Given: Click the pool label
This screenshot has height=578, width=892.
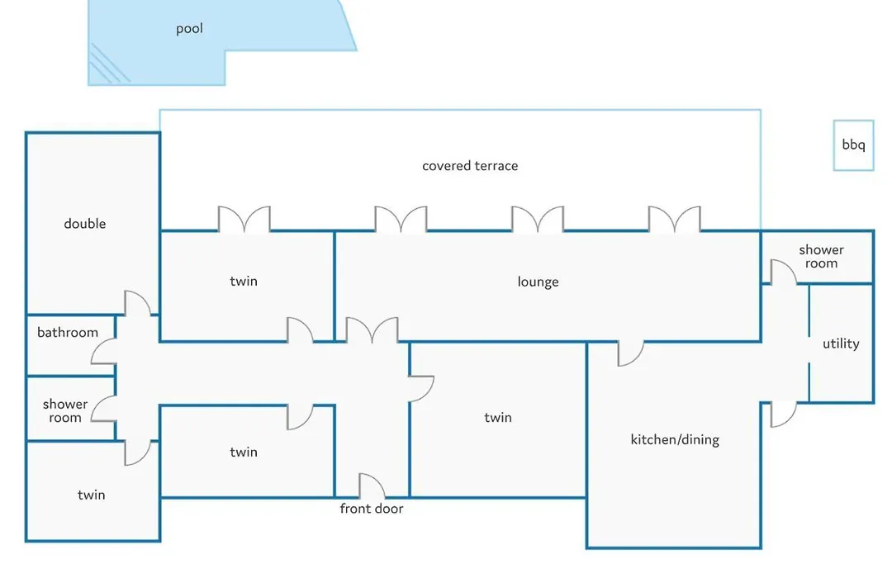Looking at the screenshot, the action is click(x=189, y=28).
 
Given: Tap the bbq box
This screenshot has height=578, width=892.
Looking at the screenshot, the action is click(x=853, y=145).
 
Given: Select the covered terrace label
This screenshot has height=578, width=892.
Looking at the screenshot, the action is click(x=470, y=166).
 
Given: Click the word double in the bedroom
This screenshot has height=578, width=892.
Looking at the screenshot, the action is click(x=85, y=224).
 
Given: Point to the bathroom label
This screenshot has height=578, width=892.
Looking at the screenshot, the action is click(x=68, y=332).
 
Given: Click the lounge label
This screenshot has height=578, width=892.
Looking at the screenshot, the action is click(x=539, y=282).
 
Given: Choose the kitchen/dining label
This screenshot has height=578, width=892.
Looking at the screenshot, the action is click(x=675, y=440).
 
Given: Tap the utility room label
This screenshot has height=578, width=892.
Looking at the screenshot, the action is click(x=841, y=343).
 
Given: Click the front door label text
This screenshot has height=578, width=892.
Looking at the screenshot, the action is click(x=372, y=509).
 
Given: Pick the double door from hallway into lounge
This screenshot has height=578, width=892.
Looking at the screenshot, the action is click(x=372, y=330).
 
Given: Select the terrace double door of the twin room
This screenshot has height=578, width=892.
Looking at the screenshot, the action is click(x=244, y=219).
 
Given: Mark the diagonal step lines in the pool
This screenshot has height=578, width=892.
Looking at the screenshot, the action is click(x=110, y=64).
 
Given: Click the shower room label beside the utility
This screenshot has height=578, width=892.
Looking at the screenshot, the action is click(x=821, y=257).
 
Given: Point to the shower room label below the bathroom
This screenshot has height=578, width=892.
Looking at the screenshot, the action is click(x=65, y=410).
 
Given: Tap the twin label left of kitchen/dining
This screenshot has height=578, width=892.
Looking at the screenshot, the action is click(x=498, y=418).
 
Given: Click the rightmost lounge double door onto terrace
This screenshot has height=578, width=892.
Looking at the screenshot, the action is click(x=675, y=219).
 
